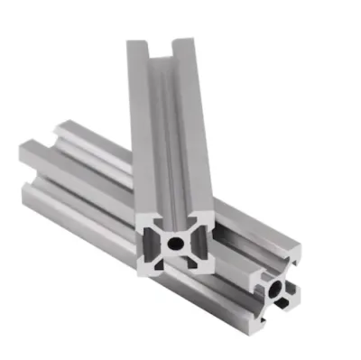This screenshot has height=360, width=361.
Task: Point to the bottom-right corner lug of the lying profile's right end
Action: point(292,307)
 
